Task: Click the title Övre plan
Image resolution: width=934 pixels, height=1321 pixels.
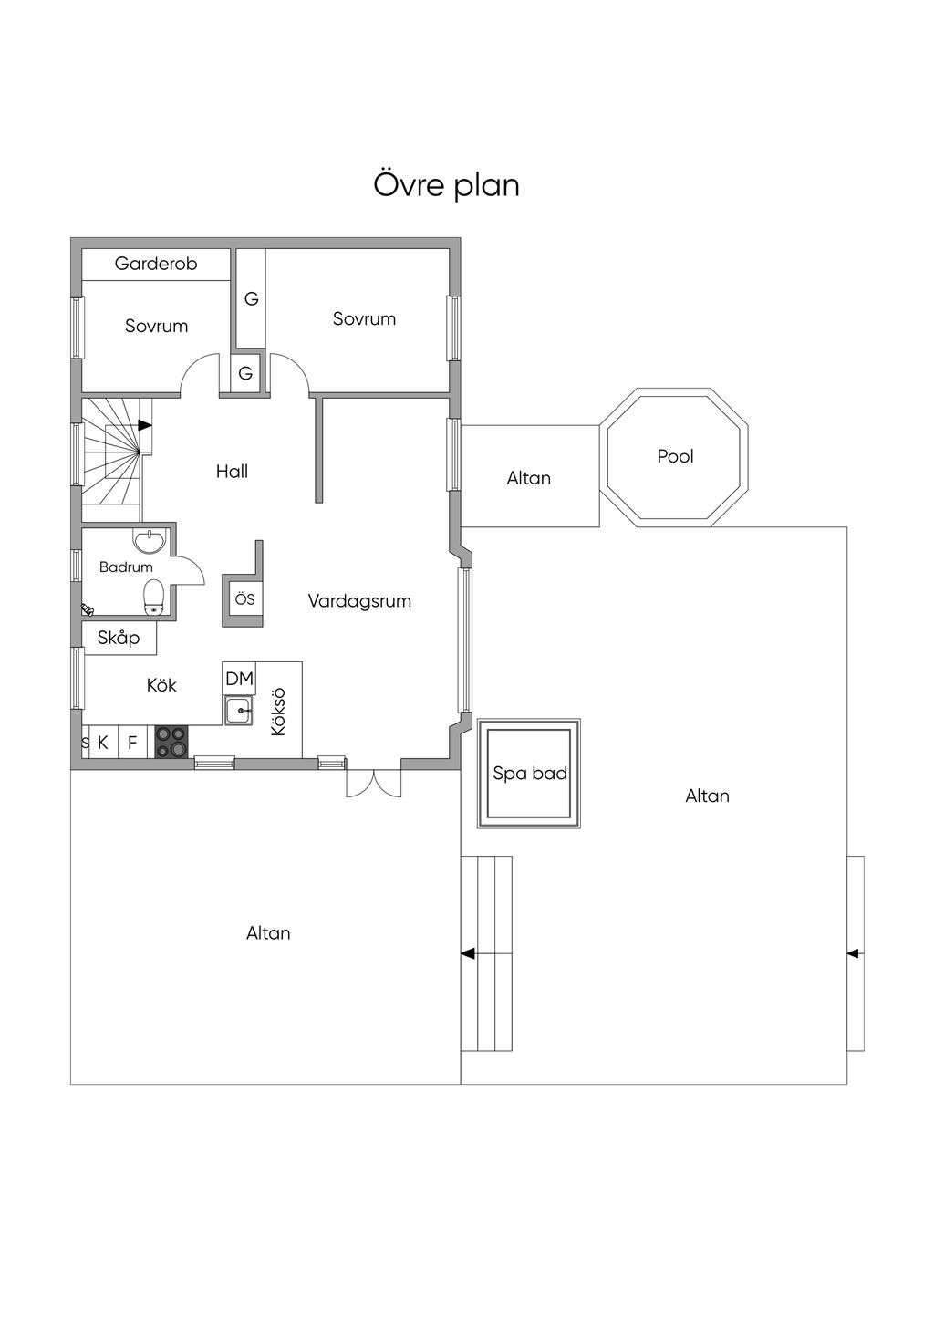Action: click(x=446, y=185)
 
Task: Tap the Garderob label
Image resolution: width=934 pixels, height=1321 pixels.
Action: click(x=156, y=264)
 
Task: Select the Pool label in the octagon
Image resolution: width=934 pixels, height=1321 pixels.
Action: click(x=675, y=456)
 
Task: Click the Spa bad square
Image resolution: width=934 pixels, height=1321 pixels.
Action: click(x=529, y=773)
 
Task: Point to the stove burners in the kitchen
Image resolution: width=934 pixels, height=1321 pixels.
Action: click(x=171, y=742)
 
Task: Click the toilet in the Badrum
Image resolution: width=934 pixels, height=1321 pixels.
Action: click(x=154, y=597)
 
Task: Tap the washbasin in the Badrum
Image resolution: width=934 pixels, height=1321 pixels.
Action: click(x=150, y=541)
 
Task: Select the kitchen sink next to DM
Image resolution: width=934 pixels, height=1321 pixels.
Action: click(x=239, y=710)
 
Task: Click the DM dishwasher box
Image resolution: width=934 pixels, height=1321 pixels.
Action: click(x=239, y=678)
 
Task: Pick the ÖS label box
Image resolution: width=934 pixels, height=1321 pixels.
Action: click(x=244, y=599)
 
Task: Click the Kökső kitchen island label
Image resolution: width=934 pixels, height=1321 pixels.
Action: click(x=278, y=712)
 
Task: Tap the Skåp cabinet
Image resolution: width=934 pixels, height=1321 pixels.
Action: click(x=119, y=637)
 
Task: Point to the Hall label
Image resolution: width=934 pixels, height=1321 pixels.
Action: click(x=232, y=471)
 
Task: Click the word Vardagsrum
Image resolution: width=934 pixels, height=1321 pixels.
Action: click(x=359, y=601)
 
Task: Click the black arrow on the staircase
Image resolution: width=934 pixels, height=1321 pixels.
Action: click(x=145, y=424)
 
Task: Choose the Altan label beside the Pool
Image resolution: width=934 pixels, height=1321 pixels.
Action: click(x=528, y=478)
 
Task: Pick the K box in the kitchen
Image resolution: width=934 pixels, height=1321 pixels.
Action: click(x=102, y=742)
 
